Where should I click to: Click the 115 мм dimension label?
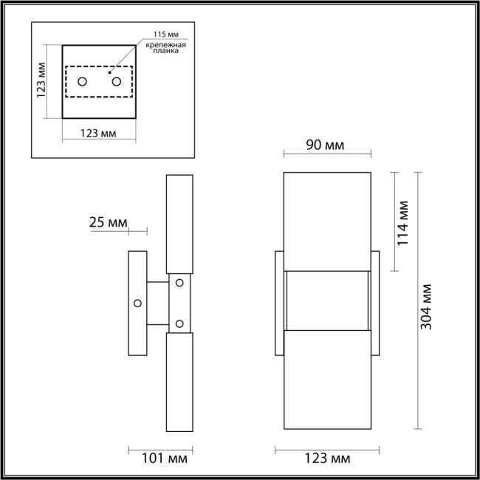tap(165, 35)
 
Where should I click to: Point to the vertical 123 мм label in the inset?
tap(42, 81)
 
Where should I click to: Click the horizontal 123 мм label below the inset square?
tap(98, 134)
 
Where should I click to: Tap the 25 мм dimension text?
tap(109, 222)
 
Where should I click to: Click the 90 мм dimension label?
tap(325, 145)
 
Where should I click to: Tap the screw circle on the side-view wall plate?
tap(137, 303)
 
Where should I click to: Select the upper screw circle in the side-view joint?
tap(179, 282)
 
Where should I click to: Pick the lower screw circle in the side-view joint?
tap(179, 323)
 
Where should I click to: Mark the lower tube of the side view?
tap(179, 380)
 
